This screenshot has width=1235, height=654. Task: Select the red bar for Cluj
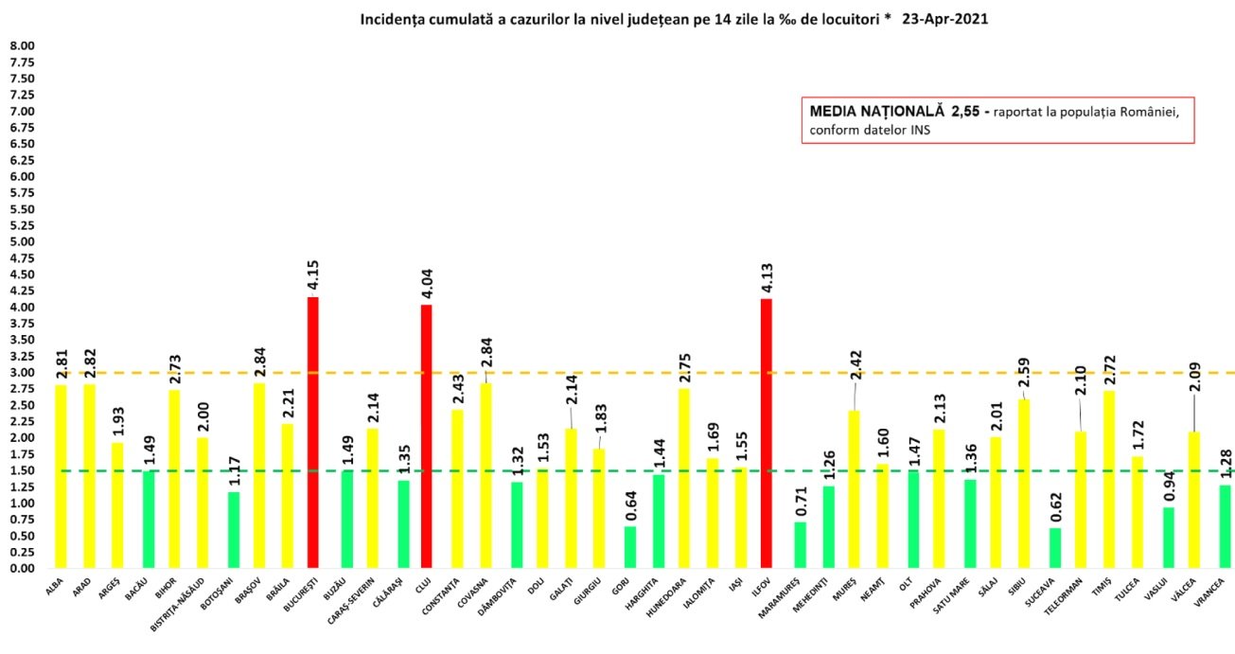click(426, 436)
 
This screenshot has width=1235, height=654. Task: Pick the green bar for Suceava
click(1055, 548)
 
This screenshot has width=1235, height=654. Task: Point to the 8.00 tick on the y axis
click(22, 46)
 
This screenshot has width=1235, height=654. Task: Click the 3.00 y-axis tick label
click(22, 373)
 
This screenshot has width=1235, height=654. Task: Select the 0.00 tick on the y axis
click(22, 569)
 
